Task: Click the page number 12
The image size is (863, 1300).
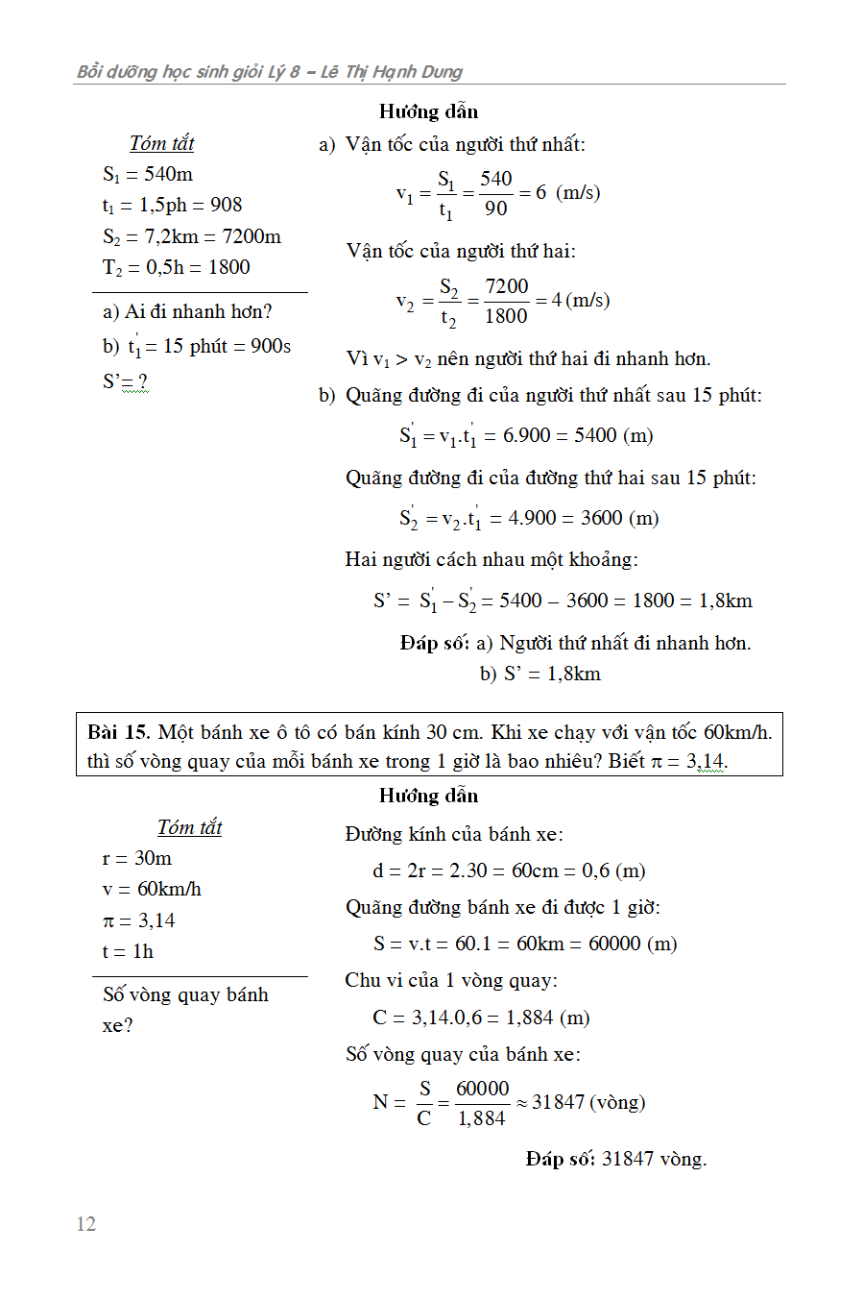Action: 86,1223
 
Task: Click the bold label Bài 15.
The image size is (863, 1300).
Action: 118,732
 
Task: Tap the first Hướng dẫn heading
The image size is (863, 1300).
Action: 428,111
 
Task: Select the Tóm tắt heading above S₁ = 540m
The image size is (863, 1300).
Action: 161,143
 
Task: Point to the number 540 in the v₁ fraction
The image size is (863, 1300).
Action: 496,179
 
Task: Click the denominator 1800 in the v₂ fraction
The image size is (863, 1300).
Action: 506,316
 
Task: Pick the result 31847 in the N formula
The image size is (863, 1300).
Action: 558,1102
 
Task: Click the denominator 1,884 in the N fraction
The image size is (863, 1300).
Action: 481,1118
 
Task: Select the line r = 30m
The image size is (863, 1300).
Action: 137,858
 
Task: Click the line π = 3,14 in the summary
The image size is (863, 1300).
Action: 139,920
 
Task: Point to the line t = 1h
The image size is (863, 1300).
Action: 128,951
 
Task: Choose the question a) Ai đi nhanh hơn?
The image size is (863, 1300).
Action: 187,311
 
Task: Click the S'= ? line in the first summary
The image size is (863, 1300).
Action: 125,381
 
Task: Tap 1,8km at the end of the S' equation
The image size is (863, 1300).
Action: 725,601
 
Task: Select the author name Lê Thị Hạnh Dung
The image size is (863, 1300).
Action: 391,72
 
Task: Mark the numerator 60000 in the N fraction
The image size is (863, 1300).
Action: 482,1089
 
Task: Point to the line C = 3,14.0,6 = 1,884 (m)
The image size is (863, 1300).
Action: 481,1018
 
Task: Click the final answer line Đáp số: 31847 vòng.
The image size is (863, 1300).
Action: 615,1159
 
